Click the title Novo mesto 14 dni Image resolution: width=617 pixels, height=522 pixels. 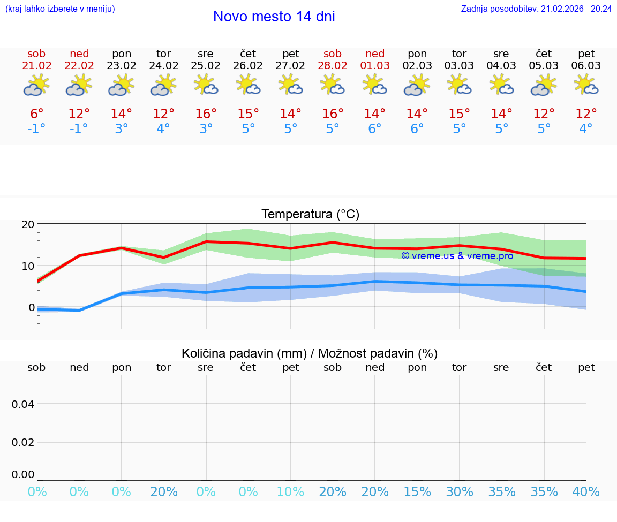click(274, 17)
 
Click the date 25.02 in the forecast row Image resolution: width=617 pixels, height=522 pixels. click(206, 65)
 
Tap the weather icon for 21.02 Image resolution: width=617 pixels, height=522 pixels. click(36, 86)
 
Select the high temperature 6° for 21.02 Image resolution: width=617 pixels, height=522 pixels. click(36, 114)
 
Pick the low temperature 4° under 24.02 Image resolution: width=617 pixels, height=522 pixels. click(163, 129)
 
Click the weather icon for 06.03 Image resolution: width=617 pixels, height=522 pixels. click(586, 86)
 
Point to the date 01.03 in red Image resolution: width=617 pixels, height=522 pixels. click(375, 65)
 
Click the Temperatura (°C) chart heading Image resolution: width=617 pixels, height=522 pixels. click(310, 215)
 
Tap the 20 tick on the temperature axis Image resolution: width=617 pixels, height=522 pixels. click(28, 225)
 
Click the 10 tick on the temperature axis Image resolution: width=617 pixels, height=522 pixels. click(28, 266)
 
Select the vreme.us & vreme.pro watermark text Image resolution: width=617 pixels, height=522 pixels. click(457, 256)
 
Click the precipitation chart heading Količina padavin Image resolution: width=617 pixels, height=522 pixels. click(310, 353)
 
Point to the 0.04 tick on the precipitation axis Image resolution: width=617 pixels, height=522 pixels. click(23, 404)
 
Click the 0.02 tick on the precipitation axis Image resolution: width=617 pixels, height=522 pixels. click(23, 442)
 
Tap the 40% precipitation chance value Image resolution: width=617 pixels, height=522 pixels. click(586, 492)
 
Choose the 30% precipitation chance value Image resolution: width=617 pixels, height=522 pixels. click(460, 492)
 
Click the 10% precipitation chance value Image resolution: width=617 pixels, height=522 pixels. click(290, 492)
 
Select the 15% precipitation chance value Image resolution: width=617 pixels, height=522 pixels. click(417, 492)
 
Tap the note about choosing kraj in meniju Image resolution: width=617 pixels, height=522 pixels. click(60, 9)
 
